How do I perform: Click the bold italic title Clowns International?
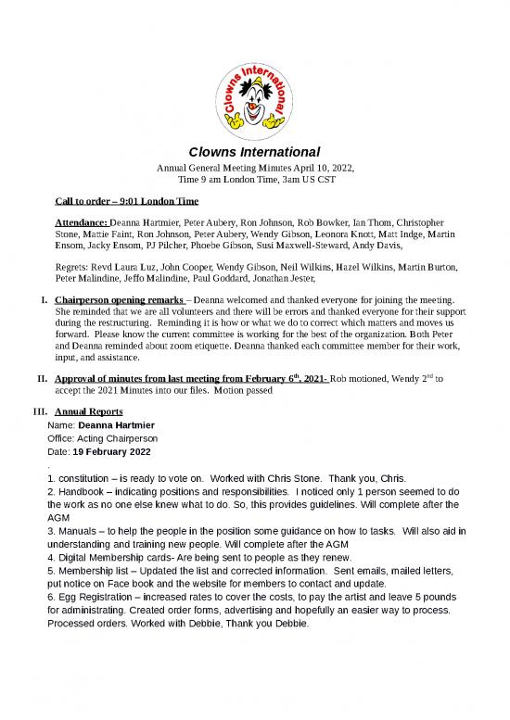click(254, 151)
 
